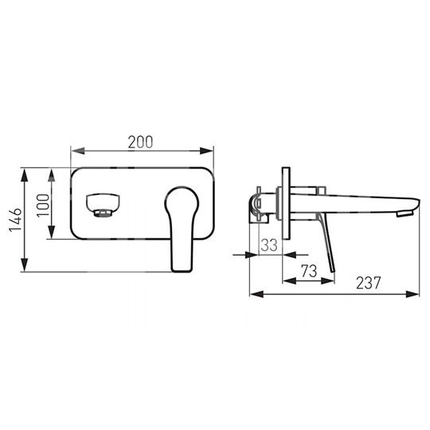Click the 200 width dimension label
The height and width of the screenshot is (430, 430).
point(140,143)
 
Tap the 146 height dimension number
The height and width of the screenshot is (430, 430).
point(15,220)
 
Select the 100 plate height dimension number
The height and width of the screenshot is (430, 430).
point(43,205)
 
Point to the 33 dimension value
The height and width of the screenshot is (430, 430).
point(269,245)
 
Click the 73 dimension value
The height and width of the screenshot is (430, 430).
point(309,271)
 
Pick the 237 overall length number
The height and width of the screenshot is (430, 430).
point(369,283)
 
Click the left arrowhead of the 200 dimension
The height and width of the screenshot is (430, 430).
point(78,150)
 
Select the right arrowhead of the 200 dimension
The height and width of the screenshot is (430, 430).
point(207,150)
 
